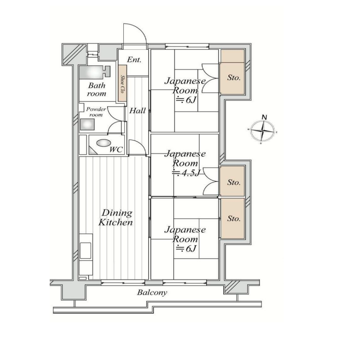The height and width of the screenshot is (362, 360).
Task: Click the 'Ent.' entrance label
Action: click(x=134, y=60)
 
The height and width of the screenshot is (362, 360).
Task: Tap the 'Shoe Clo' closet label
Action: click(x=122, y=84)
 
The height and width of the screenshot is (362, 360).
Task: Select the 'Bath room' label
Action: click(x=97, y=89)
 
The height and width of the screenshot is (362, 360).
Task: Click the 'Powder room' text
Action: click(x=96, y=112)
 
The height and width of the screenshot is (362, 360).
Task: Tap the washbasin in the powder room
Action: click(x=87, y=124)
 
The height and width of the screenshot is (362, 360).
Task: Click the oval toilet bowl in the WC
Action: click(x=104, y=143)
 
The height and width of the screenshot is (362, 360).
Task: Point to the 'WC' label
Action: click(x=116, y=150)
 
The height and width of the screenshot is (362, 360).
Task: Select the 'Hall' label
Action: click(x=137, y=111)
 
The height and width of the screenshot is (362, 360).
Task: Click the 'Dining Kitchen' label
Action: click(x=116, y=217)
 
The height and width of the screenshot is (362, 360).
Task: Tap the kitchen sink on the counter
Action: click(x=85, y=251)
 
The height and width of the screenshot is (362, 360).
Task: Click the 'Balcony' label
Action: click(x=152, y=293)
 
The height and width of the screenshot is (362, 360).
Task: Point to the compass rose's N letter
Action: click(x=264, y=117)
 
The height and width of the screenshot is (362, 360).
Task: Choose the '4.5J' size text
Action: click(x=187, y=172)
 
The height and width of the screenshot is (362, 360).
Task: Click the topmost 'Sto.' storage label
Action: click(x=234, y=77)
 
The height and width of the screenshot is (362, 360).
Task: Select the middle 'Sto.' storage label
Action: click(x=234, y=182)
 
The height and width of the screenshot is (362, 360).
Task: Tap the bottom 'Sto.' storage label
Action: click(x=234, y=218)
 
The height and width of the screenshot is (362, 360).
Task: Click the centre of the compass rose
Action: click(x=262, y=131)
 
